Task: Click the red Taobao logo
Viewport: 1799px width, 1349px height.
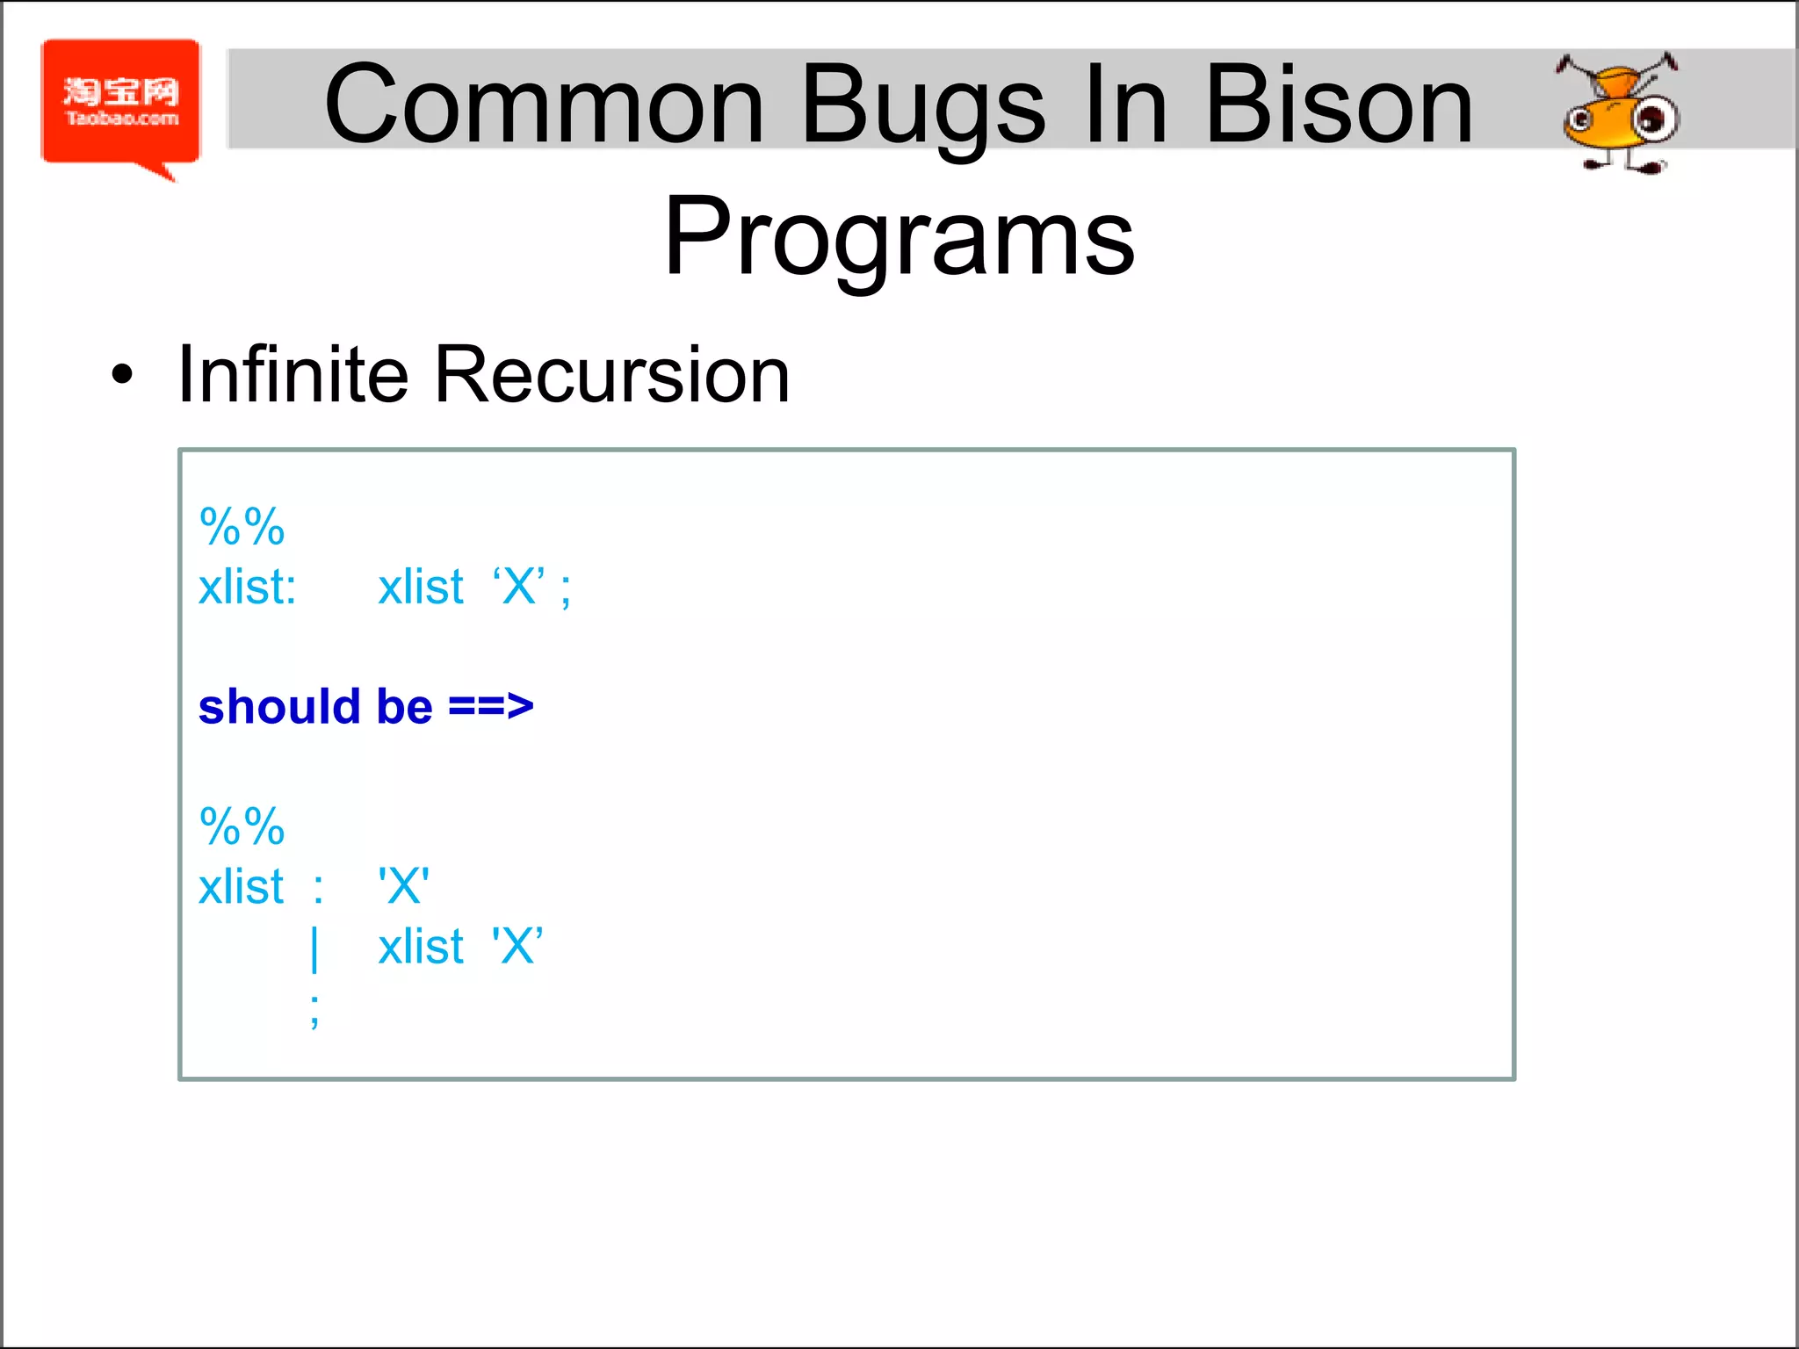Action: (x=121, y=104)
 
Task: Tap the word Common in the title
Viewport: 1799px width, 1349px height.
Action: (x=544, y=105)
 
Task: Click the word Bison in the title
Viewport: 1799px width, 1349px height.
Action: (x=1339, y=105)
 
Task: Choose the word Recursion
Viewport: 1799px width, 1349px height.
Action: (x=611, y=375)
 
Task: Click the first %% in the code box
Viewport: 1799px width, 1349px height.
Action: (x=242, y=527)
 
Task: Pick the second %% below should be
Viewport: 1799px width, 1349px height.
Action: (x=242, y=826)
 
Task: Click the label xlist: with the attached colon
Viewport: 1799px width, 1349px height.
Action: (x=247, y=587)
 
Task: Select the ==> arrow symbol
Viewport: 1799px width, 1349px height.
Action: (x=490, y=707)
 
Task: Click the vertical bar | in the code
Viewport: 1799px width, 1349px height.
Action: (x=314, y=949)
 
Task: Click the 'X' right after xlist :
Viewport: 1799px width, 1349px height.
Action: (x=403, y=886)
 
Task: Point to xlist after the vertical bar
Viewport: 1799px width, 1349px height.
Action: (x=420, y=947)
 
